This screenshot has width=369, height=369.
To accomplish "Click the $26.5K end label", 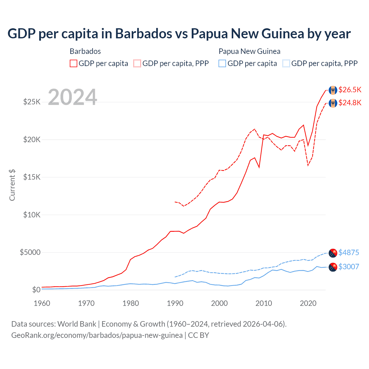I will pos(350,90).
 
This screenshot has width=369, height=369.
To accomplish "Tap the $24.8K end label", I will pos(350,103).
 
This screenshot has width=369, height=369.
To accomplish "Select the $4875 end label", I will pos(349,253).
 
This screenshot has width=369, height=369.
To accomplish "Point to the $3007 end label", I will pos(349,267).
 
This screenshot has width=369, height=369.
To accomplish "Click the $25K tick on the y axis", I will pos(32,102).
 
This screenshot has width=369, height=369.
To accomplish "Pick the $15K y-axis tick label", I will pos(32,177).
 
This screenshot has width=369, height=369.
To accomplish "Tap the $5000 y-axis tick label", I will pos(30,252).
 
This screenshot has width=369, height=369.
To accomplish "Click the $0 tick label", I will pos(36,290).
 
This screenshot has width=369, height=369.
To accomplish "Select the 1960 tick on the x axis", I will pos(42,303).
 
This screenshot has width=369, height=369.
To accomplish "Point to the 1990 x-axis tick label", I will pos(175,303).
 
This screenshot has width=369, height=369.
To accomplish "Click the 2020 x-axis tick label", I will pos(308,303).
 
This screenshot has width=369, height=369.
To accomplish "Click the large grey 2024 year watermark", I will pos(72,97).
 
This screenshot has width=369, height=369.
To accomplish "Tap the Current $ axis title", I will pos(12,185).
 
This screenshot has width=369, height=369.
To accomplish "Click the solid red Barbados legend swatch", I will pos(74,63).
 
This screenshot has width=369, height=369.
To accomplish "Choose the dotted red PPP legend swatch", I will pos(137,63).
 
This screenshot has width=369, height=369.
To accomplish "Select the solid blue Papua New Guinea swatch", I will pos(222,63).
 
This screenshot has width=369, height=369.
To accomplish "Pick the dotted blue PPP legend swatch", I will pos(286,63).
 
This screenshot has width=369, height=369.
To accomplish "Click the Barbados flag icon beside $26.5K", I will pos(333,90).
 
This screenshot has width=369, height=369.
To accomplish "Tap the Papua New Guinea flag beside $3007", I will pos(333,267).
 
